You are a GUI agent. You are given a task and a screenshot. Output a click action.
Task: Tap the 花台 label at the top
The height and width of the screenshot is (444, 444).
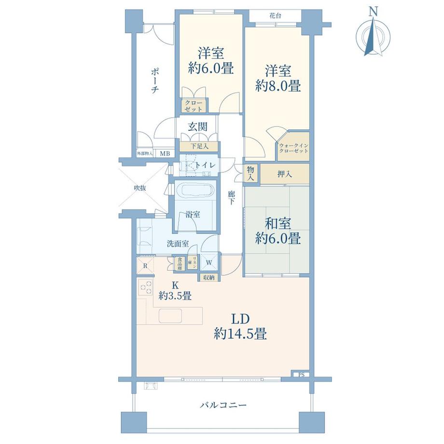point(275,16)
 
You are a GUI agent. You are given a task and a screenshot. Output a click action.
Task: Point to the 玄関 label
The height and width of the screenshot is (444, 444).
point(197,127)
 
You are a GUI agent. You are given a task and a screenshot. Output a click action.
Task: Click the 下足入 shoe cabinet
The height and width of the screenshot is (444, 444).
point(198,146)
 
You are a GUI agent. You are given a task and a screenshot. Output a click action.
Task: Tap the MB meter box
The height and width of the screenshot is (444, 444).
point(165,154)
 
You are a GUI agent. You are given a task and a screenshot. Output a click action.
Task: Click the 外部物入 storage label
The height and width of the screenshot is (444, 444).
point(144,154)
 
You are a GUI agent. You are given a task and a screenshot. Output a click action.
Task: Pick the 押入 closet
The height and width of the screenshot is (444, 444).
point(285,174)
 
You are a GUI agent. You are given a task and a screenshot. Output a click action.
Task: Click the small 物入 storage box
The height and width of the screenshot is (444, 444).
point(250,174)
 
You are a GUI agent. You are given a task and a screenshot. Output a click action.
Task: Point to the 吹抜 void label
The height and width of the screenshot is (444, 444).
point(140,188)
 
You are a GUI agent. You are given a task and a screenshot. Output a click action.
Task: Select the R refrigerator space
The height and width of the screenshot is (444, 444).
point(145,265)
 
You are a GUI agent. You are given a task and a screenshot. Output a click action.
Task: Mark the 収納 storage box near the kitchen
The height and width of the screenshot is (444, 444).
point(209,277)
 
